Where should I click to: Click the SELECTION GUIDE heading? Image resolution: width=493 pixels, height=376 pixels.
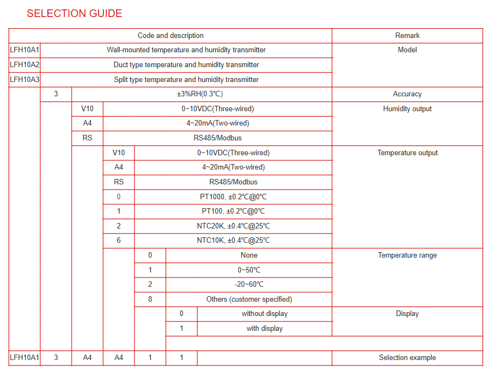74,13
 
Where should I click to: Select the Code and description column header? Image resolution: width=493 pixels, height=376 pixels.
170,36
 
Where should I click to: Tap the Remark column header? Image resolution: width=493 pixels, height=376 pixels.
407,36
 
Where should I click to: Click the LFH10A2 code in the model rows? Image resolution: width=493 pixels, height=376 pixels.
24,65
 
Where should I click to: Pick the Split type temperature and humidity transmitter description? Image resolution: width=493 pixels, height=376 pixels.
186,80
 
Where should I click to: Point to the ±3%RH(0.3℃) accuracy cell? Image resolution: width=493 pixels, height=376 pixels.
202,94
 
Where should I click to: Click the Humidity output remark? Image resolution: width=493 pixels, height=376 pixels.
407,109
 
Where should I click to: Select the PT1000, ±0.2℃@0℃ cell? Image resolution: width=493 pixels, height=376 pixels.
233,197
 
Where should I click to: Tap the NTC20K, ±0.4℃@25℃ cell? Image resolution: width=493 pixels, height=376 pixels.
233,226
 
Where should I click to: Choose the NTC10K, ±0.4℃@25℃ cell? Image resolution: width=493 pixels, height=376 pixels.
233,241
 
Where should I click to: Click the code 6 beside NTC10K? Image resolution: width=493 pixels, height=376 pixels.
118,241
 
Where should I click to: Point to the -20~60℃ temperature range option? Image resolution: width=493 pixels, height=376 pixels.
249,285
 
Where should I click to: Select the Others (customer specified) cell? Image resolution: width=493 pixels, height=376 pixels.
249,299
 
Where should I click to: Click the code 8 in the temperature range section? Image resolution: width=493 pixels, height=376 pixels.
150,299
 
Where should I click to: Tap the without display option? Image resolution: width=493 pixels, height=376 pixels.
264,314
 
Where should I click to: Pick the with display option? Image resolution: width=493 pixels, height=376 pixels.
264,329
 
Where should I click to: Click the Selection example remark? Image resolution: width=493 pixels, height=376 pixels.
407,358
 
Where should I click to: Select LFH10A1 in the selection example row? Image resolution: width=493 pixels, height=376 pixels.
24,358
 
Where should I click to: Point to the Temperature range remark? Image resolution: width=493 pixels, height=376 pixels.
407,255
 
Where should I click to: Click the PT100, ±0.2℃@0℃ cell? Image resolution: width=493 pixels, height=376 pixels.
233,211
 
